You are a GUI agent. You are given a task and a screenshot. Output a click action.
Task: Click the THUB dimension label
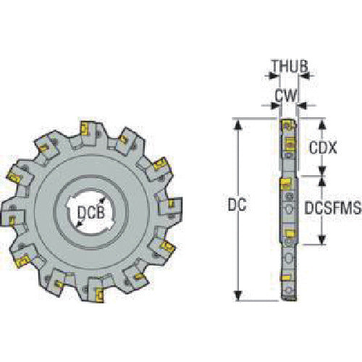coord(290,67)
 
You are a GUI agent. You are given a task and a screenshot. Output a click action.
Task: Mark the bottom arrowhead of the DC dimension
coord(235,297)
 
